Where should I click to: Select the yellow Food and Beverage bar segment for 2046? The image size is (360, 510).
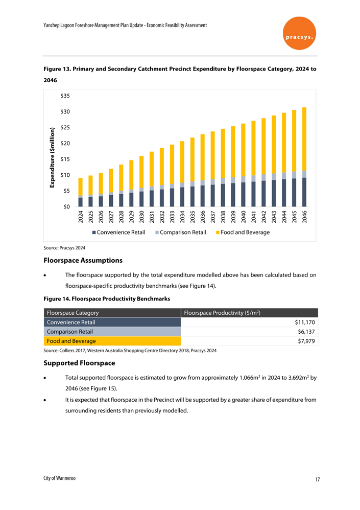pyautogui.click(x=304, y=138)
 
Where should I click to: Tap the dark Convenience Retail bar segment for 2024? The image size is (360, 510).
pyautogui.click(x=80, y=202)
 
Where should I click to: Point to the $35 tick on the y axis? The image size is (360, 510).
pyautogui.click(x=65, y=96)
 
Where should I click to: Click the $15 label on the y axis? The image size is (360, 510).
pyautogui.click(x=65, y=159)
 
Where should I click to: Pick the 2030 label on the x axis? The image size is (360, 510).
pyautogui.click(x=141, y=217)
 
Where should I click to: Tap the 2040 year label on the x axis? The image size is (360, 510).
pyautogui.click(x=243, y=217)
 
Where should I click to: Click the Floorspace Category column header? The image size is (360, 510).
pyautogui.click(x=73, y=313)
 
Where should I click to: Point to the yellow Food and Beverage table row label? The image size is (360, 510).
pyautogui.click(x=71, y=341)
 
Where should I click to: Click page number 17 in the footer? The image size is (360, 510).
pyautogui.click(x=318, y=480)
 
